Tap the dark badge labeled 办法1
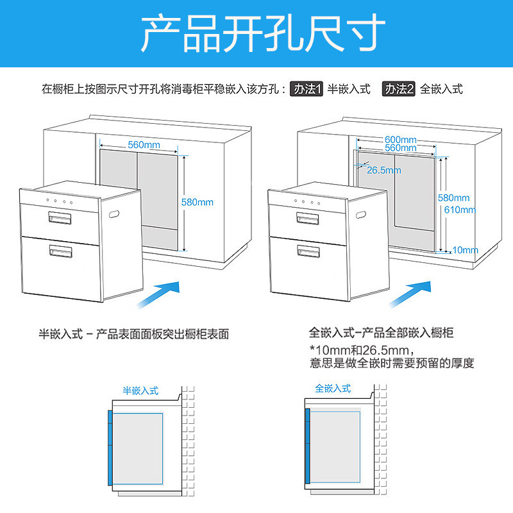coord(307,89)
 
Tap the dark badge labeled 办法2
coord(399,89)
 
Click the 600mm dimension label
coord(401,140)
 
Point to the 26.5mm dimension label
coord(383,170)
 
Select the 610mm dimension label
coord(460,209)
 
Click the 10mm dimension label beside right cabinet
coord(464,249)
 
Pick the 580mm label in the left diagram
coord(197,202)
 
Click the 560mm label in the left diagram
coord(144,144)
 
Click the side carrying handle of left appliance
coord(114,212)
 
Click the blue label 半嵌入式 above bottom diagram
coord(140,390)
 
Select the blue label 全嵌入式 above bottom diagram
coord(333,389)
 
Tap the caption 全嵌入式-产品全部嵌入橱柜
coord(381,333)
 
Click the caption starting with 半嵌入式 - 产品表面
coord(133,334)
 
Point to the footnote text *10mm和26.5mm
coord(358,349)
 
